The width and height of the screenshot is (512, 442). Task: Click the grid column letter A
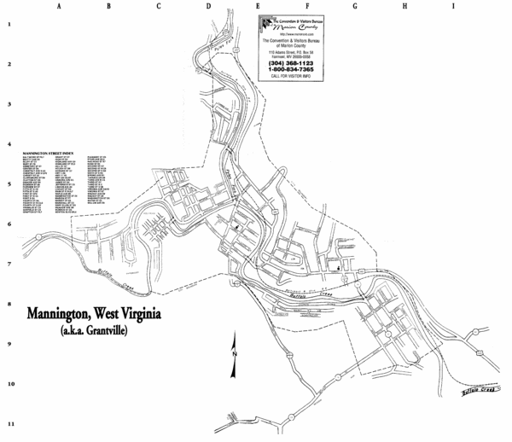[x=58, y=6]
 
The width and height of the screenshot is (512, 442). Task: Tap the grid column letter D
[x=207, y=6]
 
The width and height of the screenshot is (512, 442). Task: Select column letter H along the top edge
[x=404, y=6]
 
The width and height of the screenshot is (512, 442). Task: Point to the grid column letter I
[x=454, y=6]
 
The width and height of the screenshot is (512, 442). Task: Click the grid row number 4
[x=9, y=144]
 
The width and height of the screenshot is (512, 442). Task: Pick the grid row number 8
[x=9, y=304]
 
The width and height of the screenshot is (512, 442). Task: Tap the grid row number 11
[x=9, y=424]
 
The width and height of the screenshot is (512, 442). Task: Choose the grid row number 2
[x=9, y=64]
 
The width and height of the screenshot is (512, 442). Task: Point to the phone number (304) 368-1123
[x=290, y=63]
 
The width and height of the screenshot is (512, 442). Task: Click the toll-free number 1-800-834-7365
[x=290, y=70]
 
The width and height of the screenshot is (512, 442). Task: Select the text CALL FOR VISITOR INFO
[x=290, y=77]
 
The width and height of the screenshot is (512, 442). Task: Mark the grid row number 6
[x=9, y=224]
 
